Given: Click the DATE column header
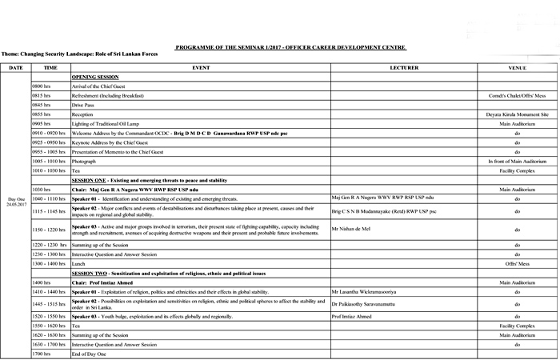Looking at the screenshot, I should point(15,68).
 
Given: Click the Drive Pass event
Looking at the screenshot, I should point(84,104).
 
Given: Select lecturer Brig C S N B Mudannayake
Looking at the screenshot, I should point(384,211).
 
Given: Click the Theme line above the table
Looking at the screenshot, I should point(79,54).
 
